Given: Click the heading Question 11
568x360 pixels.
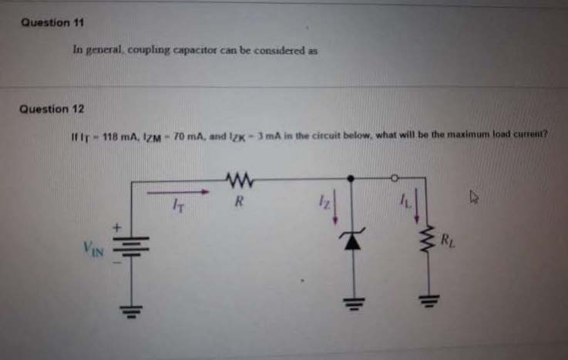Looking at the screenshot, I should tap(52, 22).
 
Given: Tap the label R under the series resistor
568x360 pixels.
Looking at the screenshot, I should tap(238, 205).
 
